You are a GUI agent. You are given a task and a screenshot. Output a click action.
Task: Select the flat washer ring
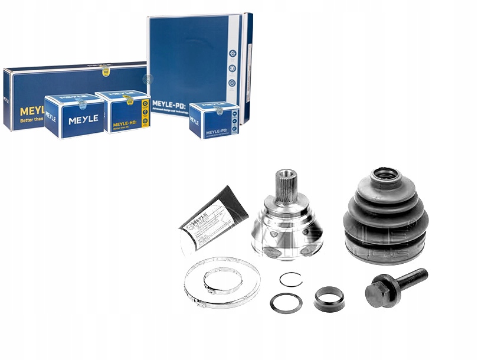[x=286, y=303]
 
